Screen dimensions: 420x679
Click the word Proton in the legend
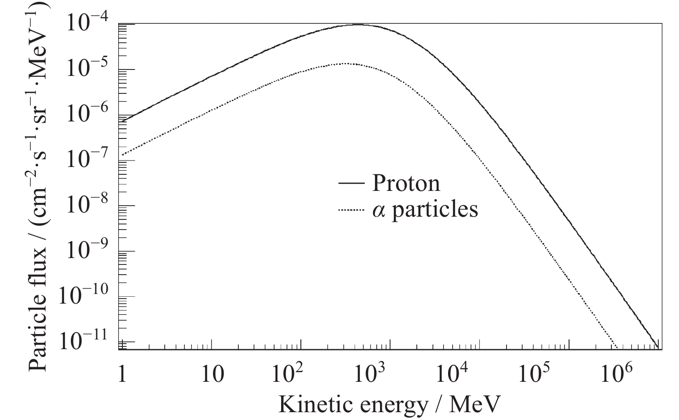(x=406, y=183)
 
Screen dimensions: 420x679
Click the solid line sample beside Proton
(x=352, y=184)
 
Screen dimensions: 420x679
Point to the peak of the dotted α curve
(x=343, y=63)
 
